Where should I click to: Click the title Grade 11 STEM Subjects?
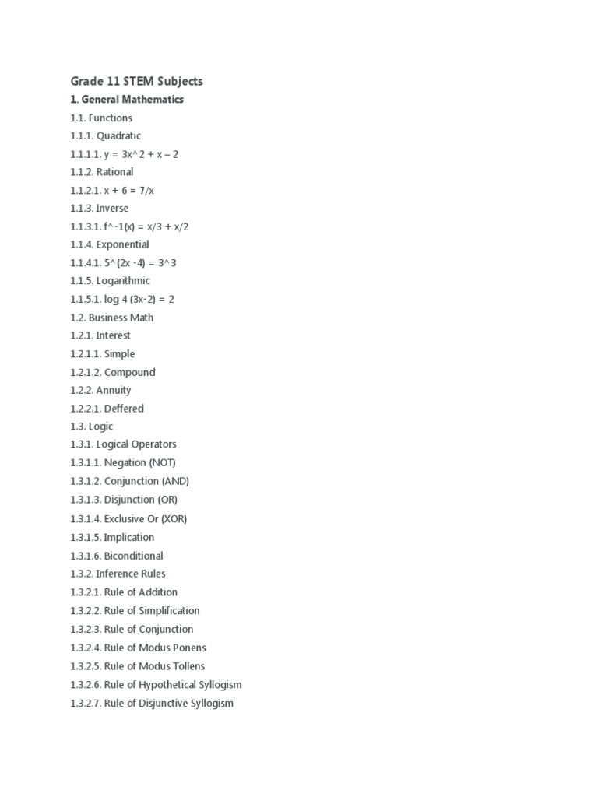pyautogui.click(x=136, y=81)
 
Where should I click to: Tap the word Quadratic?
pyautogui.click(x=119, y=136)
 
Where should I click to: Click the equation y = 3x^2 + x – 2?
pyautogui.click(x=141, y=154)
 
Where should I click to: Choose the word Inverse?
pyautogui.click(x=113, y=209)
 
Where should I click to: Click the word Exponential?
pyautogui.click(x=123, y=244)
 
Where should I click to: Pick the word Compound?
pyautogui.click(x=130, y=372)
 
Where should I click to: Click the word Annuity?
pyautogui.click(x=114, y=390)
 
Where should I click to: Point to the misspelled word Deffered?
pyautogui.click(x=124, y=409)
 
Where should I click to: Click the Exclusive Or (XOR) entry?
pyautogui.click(x=146, y=518)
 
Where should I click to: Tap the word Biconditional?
pyautogui.click(x=133, y=556)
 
